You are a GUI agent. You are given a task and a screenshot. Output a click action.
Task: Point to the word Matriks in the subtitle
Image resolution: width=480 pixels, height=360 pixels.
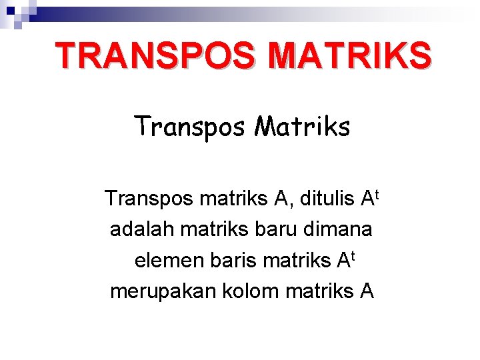301,125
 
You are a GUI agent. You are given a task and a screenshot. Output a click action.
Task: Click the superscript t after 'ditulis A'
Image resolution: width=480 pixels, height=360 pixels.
377,193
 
